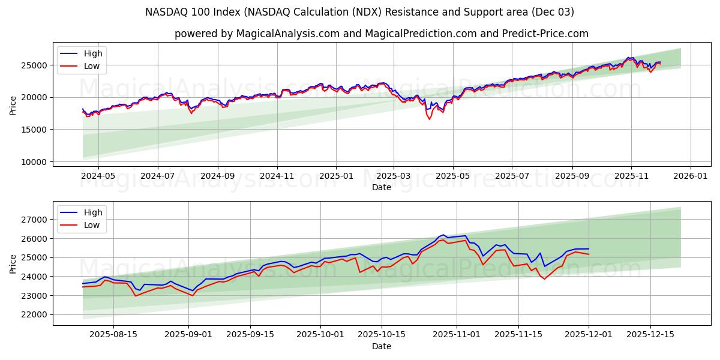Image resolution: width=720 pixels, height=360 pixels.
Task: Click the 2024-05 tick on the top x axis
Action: coord(98,176)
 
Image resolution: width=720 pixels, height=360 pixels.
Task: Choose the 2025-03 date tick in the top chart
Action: coord(394,176)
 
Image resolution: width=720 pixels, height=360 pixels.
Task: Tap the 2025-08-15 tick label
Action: coord(113,335)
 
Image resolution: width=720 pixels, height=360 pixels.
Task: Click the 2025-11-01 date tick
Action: coord(457,335)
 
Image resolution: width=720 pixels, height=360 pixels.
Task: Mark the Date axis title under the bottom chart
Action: coord(382,346)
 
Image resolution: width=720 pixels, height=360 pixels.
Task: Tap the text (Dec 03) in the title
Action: coord(553,12)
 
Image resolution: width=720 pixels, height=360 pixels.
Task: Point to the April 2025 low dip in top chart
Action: coord(429,119)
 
